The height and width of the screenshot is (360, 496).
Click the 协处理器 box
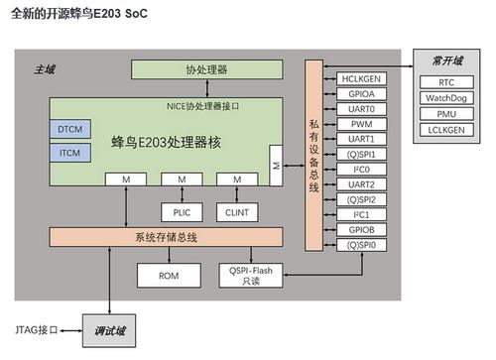[x=206, y=70]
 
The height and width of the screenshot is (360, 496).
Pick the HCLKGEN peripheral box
[x=361, y=78]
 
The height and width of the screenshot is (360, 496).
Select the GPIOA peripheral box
[x=361, y=93]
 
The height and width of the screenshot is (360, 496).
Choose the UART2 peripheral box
[x=361, y=183]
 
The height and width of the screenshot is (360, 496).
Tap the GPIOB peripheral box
[x=361, y=228]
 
